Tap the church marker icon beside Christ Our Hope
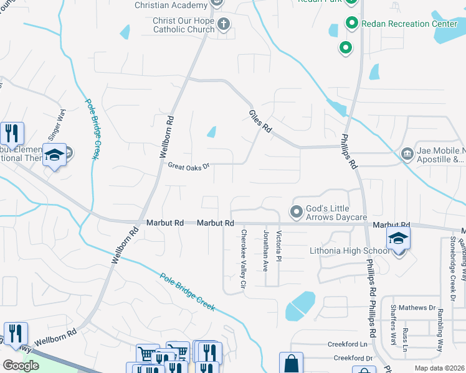click(x=223, y=24)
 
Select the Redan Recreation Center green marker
click(x=351, y=24)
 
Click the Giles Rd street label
click(x=260, y=121)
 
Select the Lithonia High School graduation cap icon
click(x=398, y=238)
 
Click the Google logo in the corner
click(x=21, y=365)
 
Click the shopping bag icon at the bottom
click(x=291, y=362)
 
